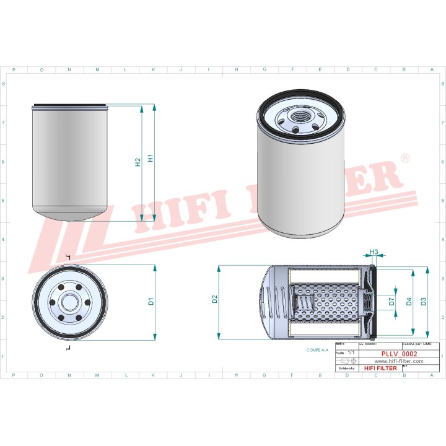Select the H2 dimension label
click(138, 162)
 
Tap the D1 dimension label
click(151, 302)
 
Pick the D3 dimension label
click(423, 302)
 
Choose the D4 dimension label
click(409, 302)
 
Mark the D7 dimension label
click(391, 302)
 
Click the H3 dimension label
click(374, 251)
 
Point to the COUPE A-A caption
click(317, 350)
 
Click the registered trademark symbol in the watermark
click(405, 159)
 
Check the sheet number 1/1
click(352, 351)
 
